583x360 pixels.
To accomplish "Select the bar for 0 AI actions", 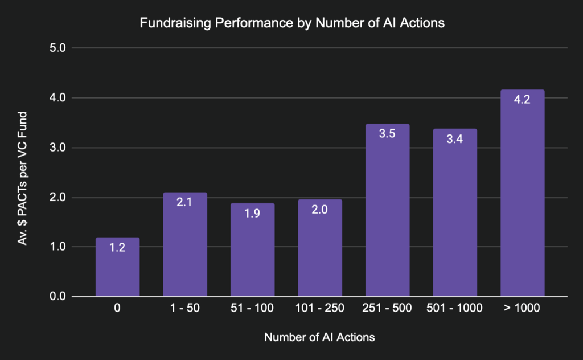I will pyautogui.click(x=117, y=267).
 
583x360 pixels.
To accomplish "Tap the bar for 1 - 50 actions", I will pyautogui.click(x=185, y=245).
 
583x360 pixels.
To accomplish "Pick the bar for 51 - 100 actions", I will pyautogui.click(x=252, y=250).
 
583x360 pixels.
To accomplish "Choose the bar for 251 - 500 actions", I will pyautogui.click(x=387, y=211).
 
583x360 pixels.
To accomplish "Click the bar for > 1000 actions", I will pyautogui.click(x=522, y=194).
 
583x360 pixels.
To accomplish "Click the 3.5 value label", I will pyautogui.click(x=387, y=135).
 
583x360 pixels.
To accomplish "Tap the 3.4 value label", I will pyautogui.click(x=455, y=140).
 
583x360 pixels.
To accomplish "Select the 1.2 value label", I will pyautogui.click(x=117, y=249).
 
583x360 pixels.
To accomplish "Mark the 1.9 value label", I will pyautogui.click(x=252, y=214).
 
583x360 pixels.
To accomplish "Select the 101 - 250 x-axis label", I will pyautogui.click(x=319, y=309).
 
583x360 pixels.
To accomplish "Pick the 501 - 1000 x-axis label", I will pyautogui.click(x=455, y=309).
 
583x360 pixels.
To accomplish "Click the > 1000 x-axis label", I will pyautogui.click(x=522, y=309).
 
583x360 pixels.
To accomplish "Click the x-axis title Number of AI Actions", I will pyautogui.click(x=319, y=337).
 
